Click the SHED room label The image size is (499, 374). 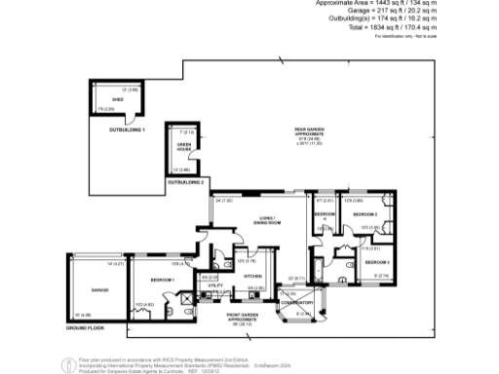(117, 99)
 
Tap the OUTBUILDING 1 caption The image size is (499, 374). (127, 130)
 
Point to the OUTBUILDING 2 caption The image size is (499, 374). (185, 182)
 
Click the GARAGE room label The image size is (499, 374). (99, 290)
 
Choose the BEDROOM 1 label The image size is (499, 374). (162, 280)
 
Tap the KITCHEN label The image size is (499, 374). (246, 276)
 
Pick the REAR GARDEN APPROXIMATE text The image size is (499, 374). (310, 133)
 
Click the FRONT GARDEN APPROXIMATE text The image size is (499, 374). (247, 318)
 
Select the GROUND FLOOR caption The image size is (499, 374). (85, 329)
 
